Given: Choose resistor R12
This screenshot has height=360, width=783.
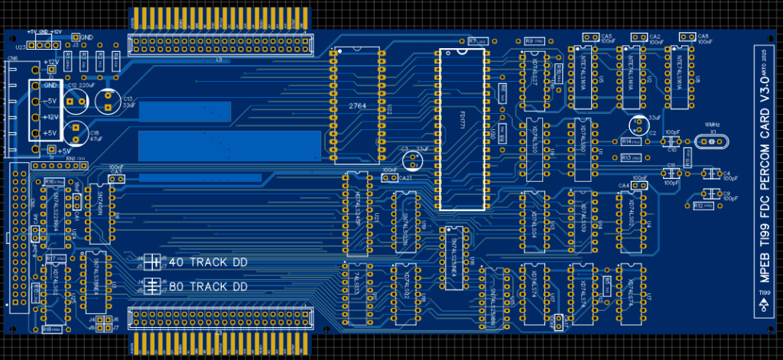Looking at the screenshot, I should (x=703, y=206).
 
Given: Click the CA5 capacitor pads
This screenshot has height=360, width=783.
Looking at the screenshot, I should (x=590, y=37).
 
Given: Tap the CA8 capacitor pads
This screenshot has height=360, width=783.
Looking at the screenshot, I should (x=686, y=37).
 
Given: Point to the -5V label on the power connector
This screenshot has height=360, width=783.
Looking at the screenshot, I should (x=51, y=101).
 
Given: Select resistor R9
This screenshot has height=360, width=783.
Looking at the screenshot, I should (x=533, y=41).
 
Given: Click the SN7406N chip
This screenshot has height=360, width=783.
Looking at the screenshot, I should (x=100, y=203).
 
